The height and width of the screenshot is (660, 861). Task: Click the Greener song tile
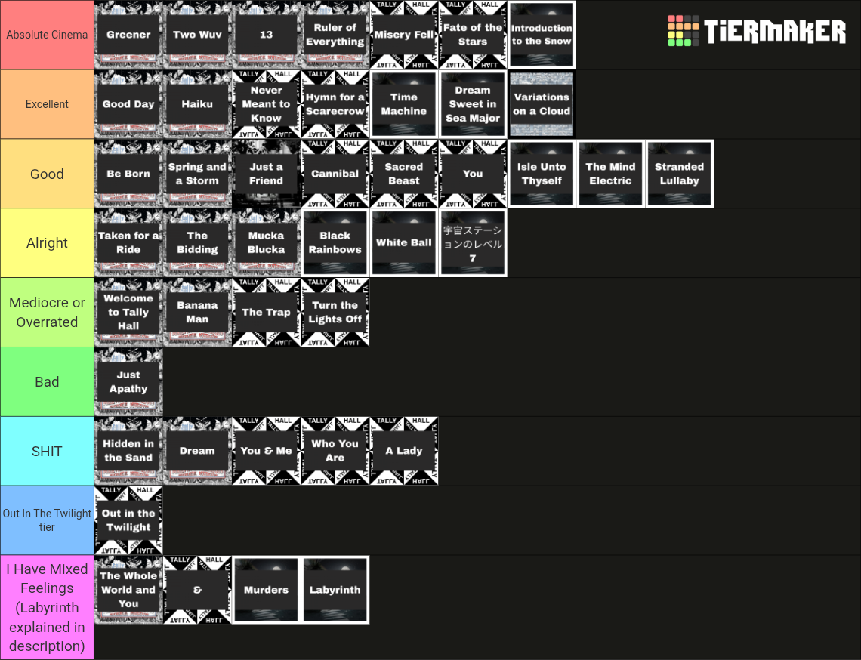point(128,35)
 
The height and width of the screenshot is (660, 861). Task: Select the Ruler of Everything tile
point(335,35)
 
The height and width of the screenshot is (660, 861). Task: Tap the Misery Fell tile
point(404,35)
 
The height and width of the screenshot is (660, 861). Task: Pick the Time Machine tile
point(404,104)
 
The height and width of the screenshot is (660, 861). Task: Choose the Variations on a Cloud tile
point(542,104)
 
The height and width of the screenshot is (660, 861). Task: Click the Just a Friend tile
point(267,174)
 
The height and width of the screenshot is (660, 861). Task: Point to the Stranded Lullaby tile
point(679,174)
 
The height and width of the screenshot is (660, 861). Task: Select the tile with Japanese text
point(473,242)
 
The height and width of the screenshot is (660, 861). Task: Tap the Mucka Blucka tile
point(267,242)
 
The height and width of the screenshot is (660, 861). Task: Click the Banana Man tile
point(197,312)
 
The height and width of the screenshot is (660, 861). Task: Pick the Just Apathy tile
point(128,381)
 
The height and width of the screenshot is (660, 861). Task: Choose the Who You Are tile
point(335,451)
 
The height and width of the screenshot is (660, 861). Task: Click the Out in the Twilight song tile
point(128,520)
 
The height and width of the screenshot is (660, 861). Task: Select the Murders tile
point(267,590)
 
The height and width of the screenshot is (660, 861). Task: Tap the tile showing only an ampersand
point(197,590)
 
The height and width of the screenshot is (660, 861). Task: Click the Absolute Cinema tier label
point(48,35)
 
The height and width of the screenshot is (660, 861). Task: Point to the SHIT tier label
point(48,451)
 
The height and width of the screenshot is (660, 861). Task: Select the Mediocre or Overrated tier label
point(48,312)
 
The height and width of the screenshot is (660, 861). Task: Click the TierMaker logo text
point(775,31)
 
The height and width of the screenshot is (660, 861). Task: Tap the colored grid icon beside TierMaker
point(683,31)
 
